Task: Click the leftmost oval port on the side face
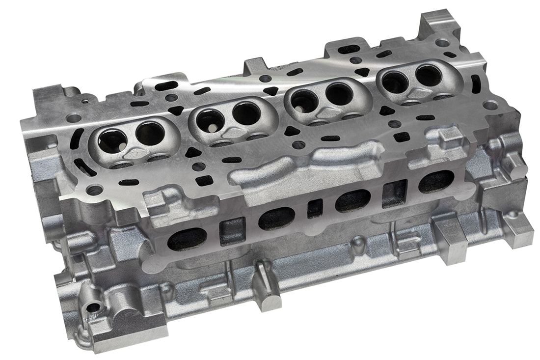tap(187, 239)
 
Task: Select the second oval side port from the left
tap(276, 218)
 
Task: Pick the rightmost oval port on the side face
tap(436, 181)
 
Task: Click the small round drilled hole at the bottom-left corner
tap(92, 308)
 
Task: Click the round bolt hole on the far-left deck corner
tap(74, 118)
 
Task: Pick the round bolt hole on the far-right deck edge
tap(490, 105)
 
